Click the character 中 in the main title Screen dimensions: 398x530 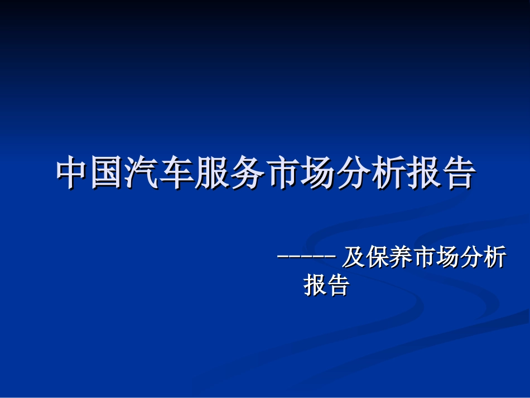[74, 173]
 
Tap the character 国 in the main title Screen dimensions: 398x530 [108, 173]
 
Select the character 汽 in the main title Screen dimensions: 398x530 [143, 173]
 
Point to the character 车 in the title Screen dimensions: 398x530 [178, 173]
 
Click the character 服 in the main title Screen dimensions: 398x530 [213, 173]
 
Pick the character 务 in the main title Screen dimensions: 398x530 [248, 173]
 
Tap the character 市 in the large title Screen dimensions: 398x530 [283, 173]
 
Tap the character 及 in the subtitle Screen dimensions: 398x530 [353, 258]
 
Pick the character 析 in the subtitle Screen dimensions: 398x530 [495, 258]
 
